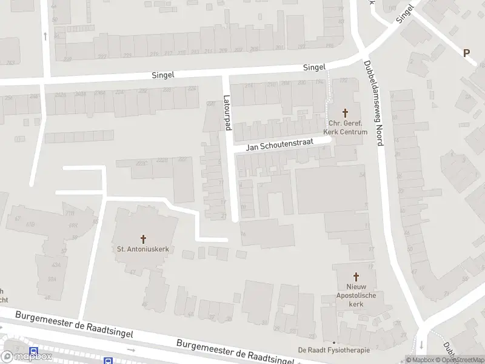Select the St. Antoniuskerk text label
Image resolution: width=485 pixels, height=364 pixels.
[143, 248]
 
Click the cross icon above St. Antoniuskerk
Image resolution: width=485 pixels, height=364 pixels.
[144, 238]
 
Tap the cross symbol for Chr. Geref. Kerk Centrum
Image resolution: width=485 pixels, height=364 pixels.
[346, 112]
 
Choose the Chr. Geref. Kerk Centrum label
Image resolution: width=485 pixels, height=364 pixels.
[346, 127]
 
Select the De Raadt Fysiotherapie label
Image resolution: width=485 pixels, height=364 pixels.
[334, 349]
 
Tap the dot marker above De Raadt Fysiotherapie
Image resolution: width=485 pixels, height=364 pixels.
[333, 342]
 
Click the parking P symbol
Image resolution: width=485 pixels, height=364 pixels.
[467, 53]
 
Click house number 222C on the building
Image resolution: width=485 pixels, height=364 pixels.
[142, 162]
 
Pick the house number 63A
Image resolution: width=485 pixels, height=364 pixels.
[56, 264]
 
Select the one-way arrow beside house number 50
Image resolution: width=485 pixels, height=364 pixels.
[45, 36]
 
